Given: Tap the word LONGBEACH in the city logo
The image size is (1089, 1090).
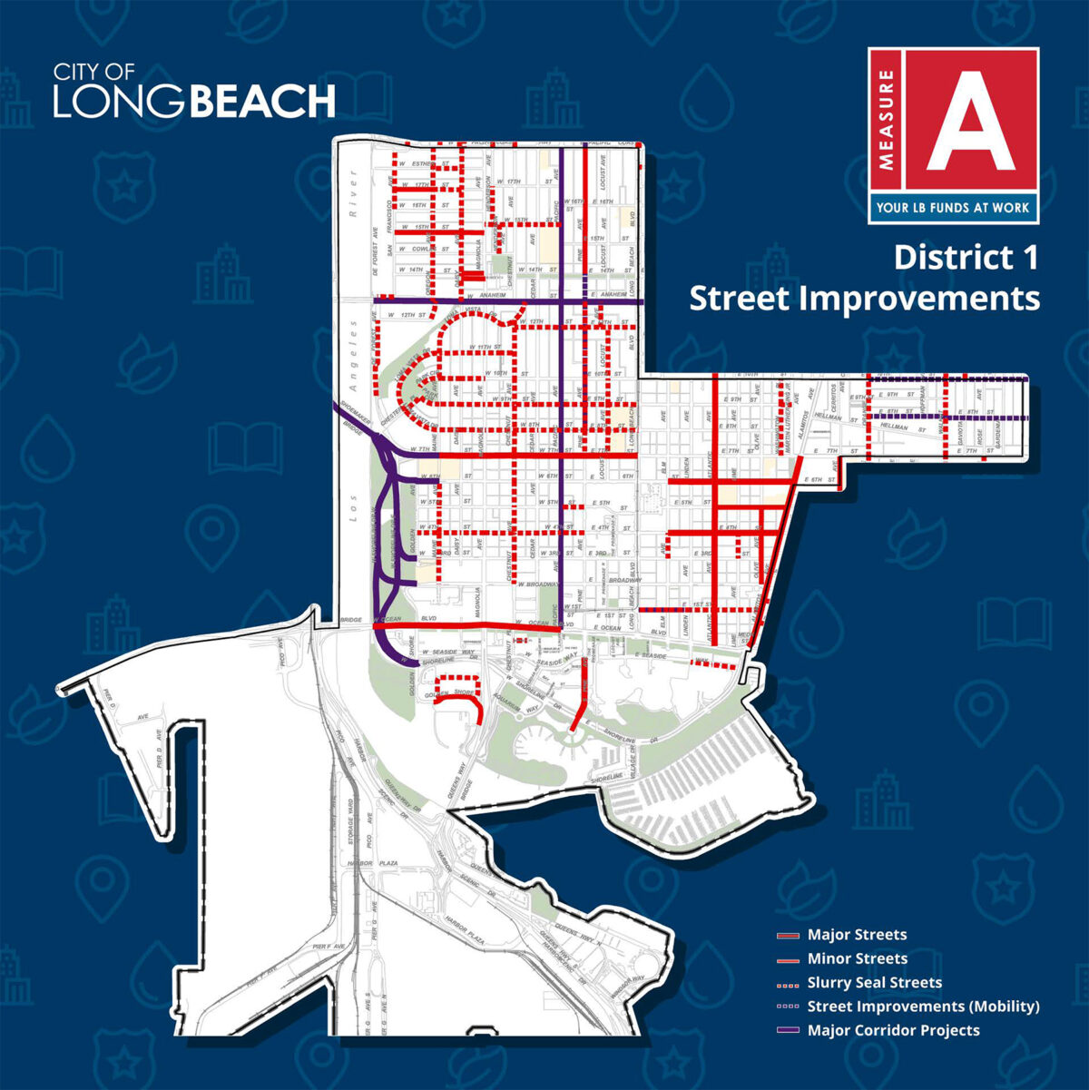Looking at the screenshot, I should (193, 101).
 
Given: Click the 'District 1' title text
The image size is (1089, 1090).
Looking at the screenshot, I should (966, 257).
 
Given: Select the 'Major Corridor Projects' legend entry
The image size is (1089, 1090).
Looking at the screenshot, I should (893, 1030).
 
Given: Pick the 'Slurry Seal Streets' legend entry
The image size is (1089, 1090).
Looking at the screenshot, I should (874, 982).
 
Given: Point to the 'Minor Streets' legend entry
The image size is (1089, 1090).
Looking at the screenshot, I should (857, 958).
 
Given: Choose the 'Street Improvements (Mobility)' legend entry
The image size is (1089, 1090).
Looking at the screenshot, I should (923, 1007).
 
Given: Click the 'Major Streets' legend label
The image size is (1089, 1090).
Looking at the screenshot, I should (857, 935).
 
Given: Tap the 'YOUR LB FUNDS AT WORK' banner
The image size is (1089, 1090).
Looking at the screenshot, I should (952, 208).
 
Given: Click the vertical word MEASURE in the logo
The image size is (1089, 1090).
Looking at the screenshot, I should (886, 122).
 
